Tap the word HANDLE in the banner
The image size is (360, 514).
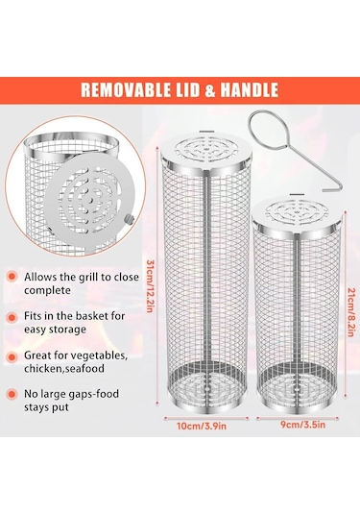pyautogui.click(x=249, y=90)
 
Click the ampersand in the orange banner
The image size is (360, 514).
pyautogui.click(x=209, y=90)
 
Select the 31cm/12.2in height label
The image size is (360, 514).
pyautogui.click(x=150, y=286)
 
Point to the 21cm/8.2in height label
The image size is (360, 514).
pyautogui.click(x=351, y=312)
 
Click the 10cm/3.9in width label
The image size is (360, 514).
pyautogui.click(x=202, y=427)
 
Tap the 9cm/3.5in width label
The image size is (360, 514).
pyautogui.click(x=303, y=425)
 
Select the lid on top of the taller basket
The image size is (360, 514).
pyautogui.click(x=206, y=152)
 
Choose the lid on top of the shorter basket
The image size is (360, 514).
pyautogui.click(x=297, y=214)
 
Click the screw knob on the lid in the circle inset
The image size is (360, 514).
pyautogui.click(x=130, y=219)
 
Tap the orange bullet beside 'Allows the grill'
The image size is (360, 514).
pyautogui.click(x=12, y=277)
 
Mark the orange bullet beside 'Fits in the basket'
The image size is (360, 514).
pyautogui.click(x=12, y=317)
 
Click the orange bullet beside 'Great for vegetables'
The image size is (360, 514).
pyautogui.click(x=12, y=357)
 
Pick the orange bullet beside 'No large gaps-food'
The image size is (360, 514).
pyautogui.click(x=12, y=394)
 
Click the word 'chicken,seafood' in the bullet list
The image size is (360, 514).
pyautogui.click(x=64, y=369)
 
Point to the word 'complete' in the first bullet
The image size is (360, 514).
pyautogui.click(x=47, y=291)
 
